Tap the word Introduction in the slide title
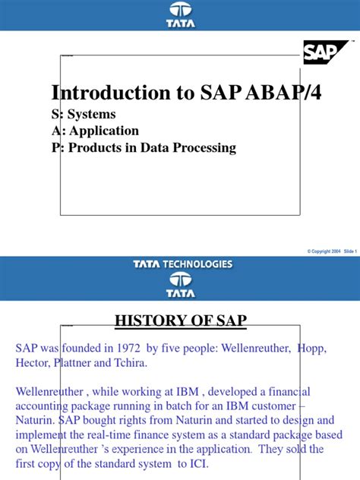click(x=102, y=93)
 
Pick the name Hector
click(x=34, y=364)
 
